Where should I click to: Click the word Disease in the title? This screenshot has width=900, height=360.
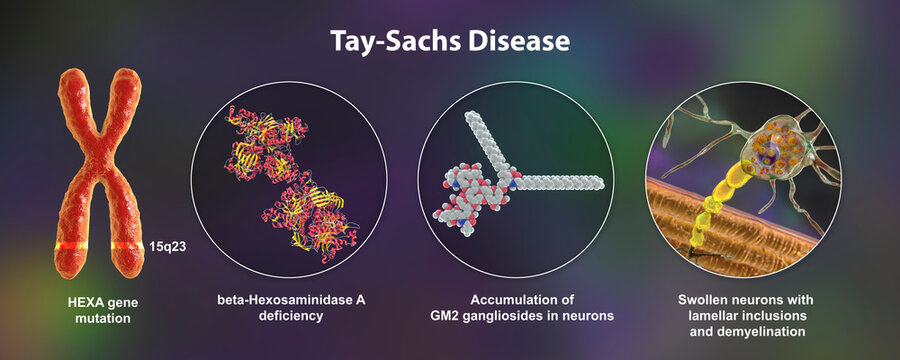pos(517,42)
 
